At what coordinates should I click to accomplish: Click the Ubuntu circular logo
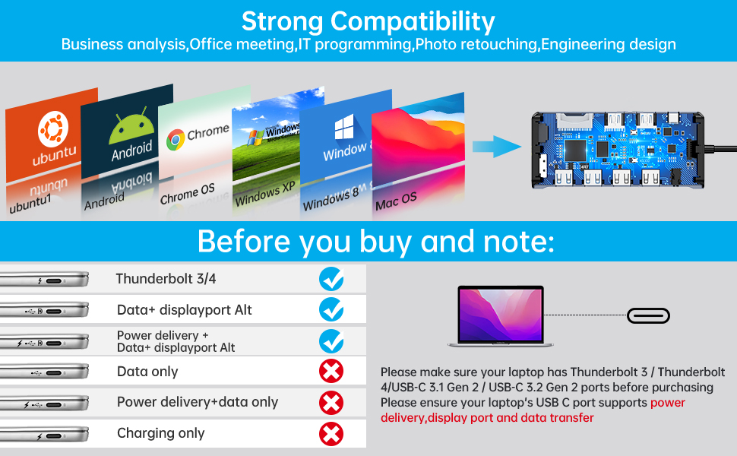(x=53, y=128)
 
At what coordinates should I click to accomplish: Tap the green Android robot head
(x=131, y=128)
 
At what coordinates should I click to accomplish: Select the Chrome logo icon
(x=176, y=140)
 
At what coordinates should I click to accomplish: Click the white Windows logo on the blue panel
(x=344, y=127)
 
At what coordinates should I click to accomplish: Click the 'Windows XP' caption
(x=265, y=193)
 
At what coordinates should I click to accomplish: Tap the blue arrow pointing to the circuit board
(x=497, y=147)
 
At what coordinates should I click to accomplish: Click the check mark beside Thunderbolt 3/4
(x=331, y=279)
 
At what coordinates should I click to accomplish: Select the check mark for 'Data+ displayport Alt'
(x=331, y=310)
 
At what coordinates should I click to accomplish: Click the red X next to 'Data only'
(x=331, y=372)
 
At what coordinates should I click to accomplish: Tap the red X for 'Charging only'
(x=331, y=434)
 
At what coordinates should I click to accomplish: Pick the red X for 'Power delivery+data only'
(x=331, y=403)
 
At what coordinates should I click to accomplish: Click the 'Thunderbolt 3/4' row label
(x=166, y=279)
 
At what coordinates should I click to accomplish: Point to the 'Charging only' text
(x=161, y=433)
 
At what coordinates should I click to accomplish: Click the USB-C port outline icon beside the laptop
(x=649, y=315)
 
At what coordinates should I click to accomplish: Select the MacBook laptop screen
(x=501, y=314)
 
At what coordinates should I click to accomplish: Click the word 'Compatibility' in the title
(x=413, y=22)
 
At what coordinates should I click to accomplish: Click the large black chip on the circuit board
(x=575, y=150)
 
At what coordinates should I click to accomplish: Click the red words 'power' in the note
(x=668, y=403)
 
